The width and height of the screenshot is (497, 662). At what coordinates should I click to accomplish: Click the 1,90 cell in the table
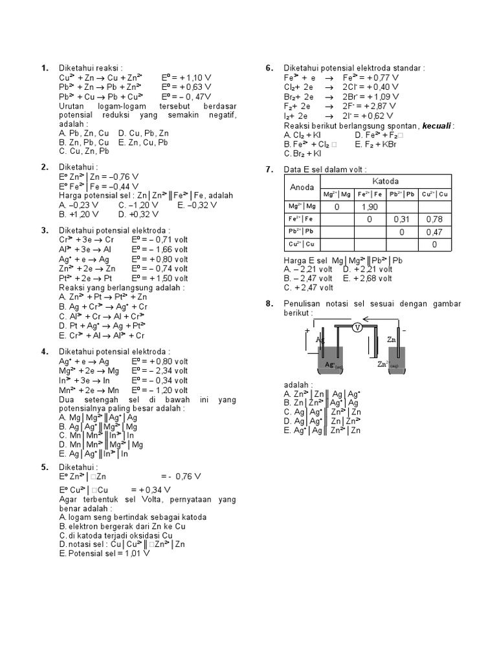(x=370, y=207)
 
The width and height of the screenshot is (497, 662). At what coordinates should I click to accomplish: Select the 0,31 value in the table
(x=403, y=220)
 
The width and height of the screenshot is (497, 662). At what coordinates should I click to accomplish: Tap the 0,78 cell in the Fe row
(x=434, y=220)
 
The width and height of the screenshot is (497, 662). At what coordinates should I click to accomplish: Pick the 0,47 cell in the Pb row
(x=434, y=232)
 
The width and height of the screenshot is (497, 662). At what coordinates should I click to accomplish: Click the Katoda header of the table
(x=386, y=180)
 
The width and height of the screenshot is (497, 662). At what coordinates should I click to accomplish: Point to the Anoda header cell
(x=302, y=187)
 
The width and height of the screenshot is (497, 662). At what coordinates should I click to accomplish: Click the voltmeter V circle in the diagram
(x=357, y=328)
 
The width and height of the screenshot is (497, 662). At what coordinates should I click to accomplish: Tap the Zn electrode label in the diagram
(x=392, y=338)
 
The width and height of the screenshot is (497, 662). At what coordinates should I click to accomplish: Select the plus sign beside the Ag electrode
(x=307, y=330)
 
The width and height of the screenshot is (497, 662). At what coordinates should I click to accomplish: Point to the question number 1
(x=45, y=68)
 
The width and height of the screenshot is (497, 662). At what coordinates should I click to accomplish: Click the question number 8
(x=270, y=304)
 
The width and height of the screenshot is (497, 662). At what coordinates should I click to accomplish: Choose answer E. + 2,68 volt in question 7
(x=367, y=279)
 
